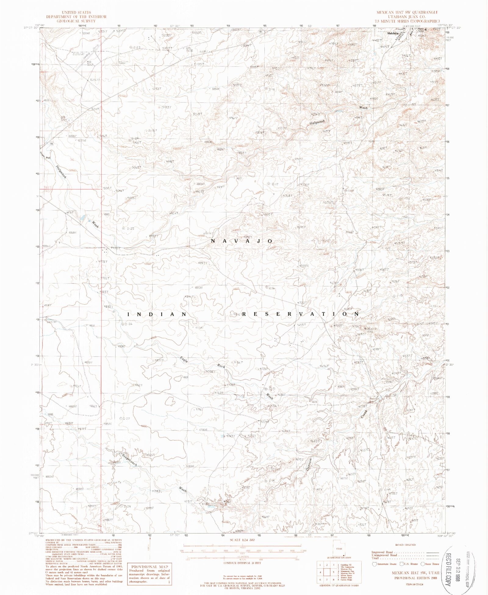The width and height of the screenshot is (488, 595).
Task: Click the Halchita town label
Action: [393, 33]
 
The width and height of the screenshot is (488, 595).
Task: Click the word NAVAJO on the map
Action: [242, 241]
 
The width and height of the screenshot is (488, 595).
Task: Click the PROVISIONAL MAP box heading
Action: [149, 566]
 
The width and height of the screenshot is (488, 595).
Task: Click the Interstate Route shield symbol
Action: [374, 564]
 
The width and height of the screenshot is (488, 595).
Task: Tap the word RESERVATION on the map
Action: [300, 314]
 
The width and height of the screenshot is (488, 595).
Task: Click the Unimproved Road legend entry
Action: [384, 555]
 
